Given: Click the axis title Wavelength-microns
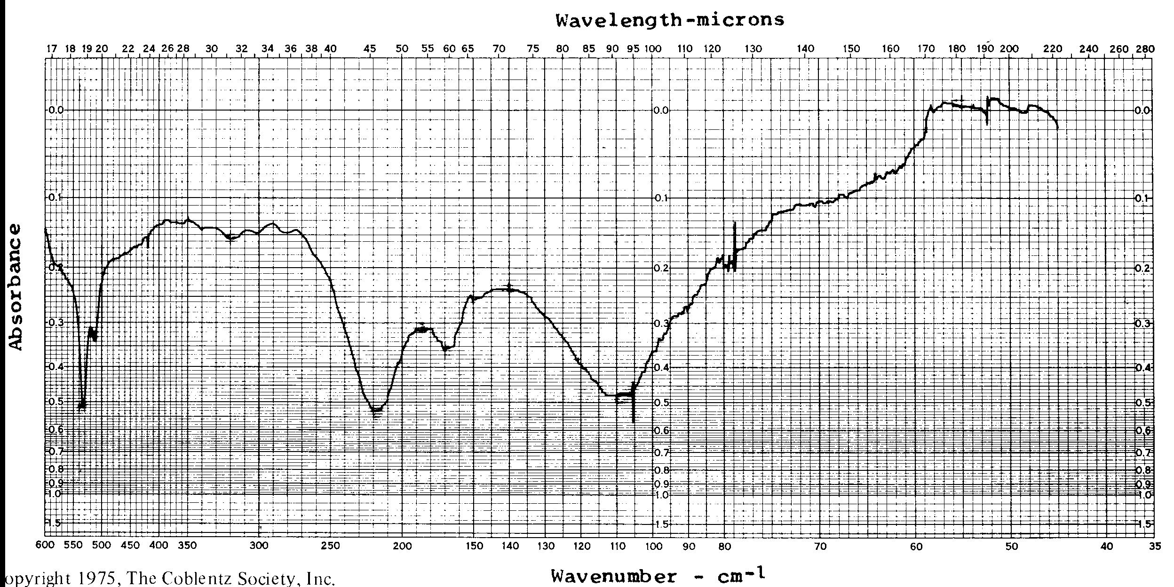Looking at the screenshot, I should (x=670, y=20).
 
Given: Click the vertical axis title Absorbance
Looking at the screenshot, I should (x=16, y=287).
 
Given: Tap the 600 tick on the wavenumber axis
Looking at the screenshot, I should (x=45, y=546).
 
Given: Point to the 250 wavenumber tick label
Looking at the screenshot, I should (x=330, y=546).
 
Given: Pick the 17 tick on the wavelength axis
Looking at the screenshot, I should (x=51, y=48).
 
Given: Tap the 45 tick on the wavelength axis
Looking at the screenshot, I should (x=370, y=48).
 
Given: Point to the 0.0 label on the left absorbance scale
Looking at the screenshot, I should (x=56, y=111).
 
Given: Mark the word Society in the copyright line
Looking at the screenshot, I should (x=272, y=579).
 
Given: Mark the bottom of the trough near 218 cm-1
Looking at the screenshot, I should (x=376, y=411).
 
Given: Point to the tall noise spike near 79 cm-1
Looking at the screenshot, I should (x=735, y=224).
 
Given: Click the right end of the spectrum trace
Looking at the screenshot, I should (x=1058, y=128).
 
